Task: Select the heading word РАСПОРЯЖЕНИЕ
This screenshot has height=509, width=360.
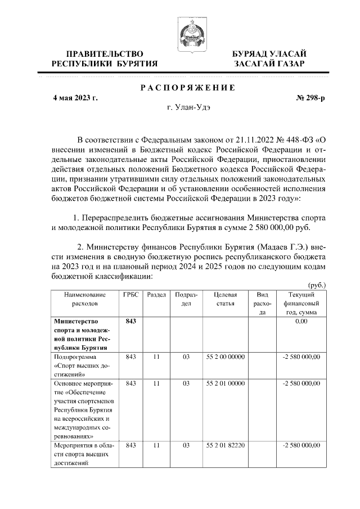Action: (187, 87)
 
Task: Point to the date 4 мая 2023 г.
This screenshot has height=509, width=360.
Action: (75, 98)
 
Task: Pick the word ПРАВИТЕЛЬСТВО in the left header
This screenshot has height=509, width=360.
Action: (103, 53)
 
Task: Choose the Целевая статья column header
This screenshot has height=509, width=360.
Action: (225, 299)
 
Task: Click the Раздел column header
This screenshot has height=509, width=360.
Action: (156, 295)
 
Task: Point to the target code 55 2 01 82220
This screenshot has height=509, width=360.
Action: (225, 444)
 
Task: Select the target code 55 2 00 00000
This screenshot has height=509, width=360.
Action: (225, 357)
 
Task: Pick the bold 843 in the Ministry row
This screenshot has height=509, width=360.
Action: (130, 321)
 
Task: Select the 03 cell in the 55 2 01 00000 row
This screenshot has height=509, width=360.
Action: (186, 383)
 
